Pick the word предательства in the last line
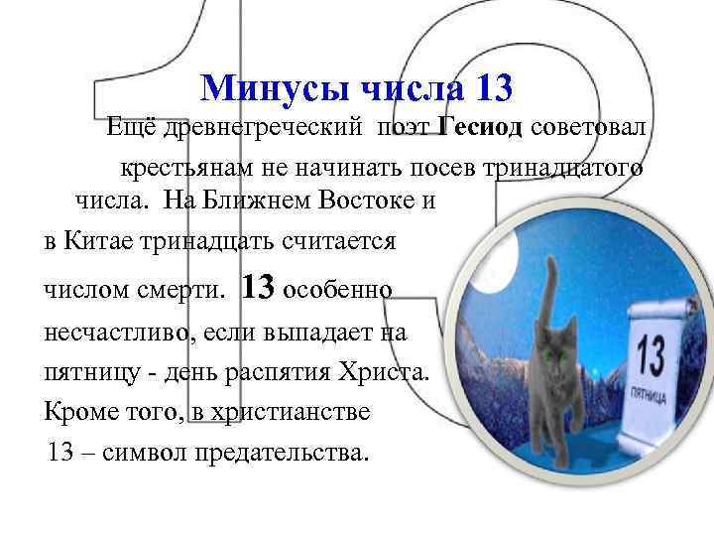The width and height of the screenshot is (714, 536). pos(289,454)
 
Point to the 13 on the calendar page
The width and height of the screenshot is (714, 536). pos(652,355)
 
